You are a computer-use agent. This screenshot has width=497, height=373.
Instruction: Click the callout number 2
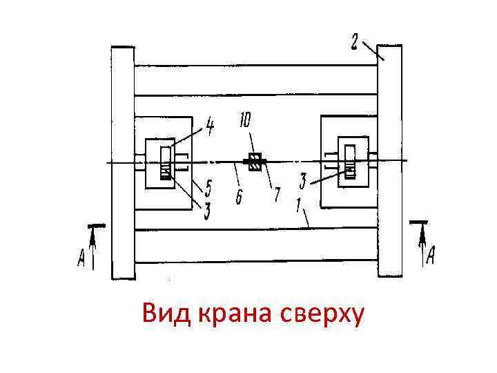(x=353, y=43)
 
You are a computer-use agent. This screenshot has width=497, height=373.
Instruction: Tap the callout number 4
(x=208, y=126)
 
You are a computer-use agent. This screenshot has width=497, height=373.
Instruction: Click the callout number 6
(x=239, y=198)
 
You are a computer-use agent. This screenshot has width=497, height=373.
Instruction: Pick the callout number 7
(x=276, y=195)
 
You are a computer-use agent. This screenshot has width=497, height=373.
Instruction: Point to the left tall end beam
(x=123, y=162)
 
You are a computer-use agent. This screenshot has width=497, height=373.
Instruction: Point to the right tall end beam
(x=389, y=162)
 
